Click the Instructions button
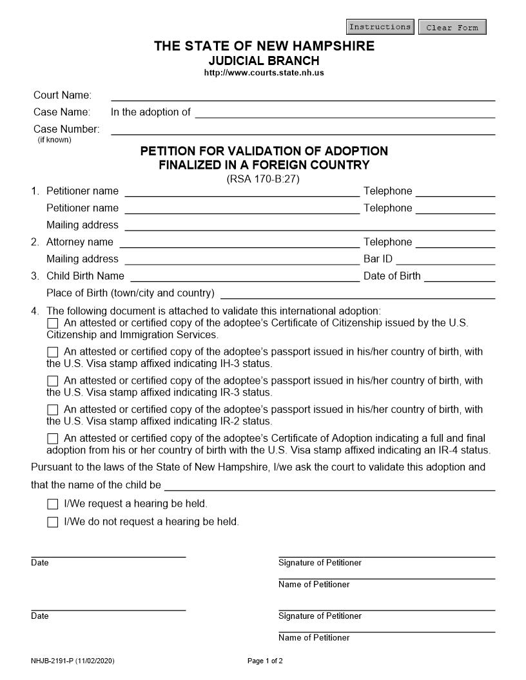pyautogui.click(x=380, y=27)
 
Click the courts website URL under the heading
pyautogui.click(x=264, y=73)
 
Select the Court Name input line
pyautogui.click(x=303, y=95)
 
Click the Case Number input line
pyautogui.click(x=303, y=129)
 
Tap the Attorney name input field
pyautogui.click(x=239, y=242)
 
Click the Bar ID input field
pyautogui.click(x=445, y=259)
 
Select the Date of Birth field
pyautogui.click(x=459, y=276)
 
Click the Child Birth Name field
pyautogui.click(x=245, y=276)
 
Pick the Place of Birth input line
pyautogui.click(x=358, y=293)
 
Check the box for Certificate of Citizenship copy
pyautogui.click(x=53, y=323)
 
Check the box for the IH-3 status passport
pyautogui.click(x=53, y=352)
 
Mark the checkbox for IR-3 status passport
pyautogui.click(x=53, y=381)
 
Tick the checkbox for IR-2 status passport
pyautogui.click(x=53, y=410)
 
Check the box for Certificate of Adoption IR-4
pyautogui.click(x=53, y=439)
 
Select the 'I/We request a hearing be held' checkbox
pyautogui.click(x=53, y=504)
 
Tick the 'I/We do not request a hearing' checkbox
pyautogui.click(x=53, y=522)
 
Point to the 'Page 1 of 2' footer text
pyautogui.click(x=265, y=661)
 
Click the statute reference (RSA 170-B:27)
pyautogui.click(x=263, y=179)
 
